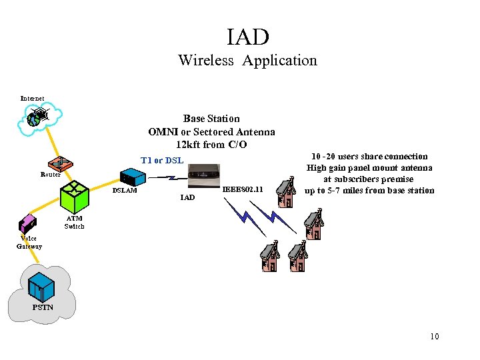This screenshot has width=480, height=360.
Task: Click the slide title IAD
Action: [248, 37]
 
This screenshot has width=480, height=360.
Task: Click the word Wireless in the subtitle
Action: [206, 60]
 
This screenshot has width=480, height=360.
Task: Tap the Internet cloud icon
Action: [40, 119]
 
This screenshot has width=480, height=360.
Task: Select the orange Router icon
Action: [61, 164]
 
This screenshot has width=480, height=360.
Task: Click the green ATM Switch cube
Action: [75, 197]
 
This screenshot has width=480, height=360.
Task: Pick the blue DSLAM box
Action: [133, 177]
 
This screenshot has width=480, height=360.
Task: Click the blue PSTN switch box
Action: [41, 287]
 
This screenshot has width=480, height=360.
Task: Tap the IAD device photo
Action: [204, 176]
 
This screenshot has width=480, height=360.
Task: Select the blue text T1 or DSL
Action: [162, 161]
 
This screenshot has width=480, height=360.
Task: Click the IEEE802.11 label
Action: [243, 189]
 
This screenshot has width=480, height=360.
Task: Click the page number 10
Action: [435, 337]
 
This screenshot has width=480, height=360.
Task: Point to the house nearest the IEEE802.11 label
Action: [286, 192]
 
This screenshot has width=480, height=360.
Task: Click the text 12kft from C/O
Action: [211, 145]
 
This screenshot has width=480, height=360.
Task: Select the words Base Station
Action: [211, 119]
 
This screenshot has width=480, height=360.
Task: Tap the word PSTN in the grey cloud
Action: [43, 307]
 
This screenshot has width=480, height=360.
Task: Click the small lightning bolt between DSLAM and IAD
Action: [168, 177]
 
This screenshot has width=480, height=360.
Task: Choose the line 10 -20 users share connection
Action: [369, 157]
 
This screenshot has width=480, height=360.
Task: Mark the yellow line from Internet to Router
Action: [53, 143]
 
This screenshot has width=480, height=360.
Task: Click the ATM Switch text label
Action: [74, 223]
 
